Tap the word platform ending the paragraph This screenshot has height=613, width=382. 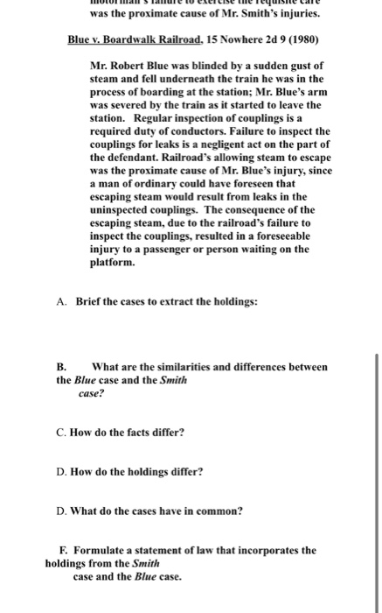113,261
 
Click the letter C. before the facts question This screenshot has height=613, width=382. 59,432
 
